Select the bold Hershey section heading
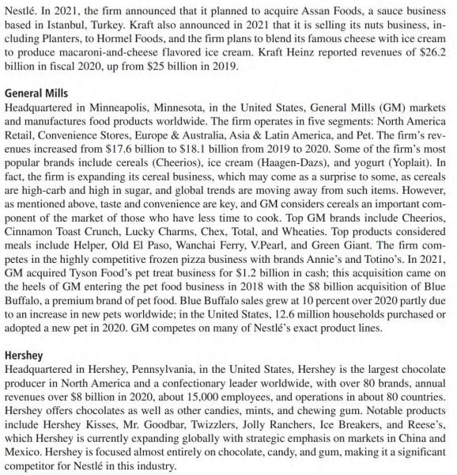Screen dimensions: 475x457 click(x=24, y=355)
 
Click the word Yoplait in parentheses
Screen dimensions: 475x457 click(x=395, y=169)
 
